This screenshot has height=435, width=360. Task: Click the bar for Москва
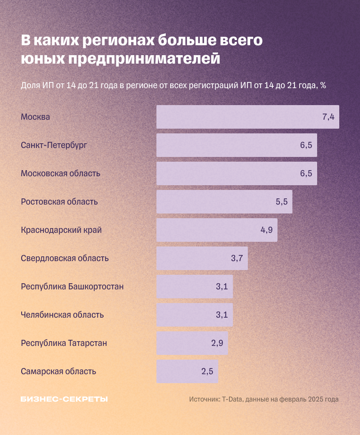[247, 117]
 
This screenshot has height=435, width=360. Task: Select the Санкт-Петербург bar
[237, 145]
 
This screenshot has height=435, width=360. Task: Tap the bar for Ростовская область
[224, 202]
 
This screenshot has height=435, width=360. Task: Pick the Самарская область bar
[187, 371]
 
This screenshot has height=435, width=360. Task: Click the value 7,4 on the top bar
[328, 117]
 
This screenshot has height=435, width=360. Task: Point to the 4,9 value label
[266, 230]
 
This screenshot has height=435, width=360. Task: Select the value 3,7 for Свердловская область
[237, 258]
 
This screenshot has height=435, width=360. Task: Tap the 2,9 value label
[217, 343]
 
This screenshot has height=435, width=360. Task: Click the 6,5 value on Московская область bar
[306, 173]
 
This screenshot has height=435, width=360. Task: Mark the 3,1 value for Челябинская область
[222, 315]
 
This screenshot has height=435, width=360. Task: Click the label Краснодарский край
[61, 230]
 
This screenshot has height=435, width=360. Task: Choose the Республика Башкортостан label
[72, 287]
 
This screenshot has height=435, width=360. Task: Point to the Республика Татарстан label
[64, 343]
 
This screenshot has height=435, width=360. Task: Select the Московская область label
[60, 173]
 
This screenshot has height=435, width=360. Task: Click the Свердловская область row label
[65, 258]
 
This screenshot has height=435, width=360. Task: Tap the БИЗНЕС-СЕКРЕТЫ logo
[64, 399]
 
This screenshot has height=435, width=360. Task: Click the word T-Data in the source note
[233, 399]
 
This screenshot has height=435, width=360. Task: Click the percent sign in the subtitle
[323, 86]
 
